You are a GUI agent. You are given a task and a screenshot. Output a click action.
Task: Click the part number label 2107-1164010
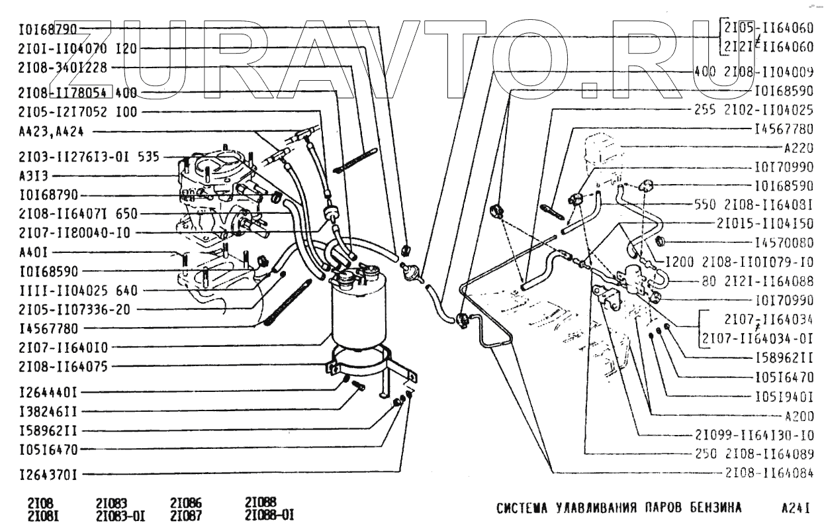tap(58, 346)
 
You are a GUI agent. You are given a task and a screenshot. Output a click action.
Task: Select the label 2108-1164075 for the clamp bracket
tap(58, 366)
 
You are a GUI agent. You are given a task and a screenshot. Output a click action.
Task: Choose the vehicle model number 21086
tap(186, 503)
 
